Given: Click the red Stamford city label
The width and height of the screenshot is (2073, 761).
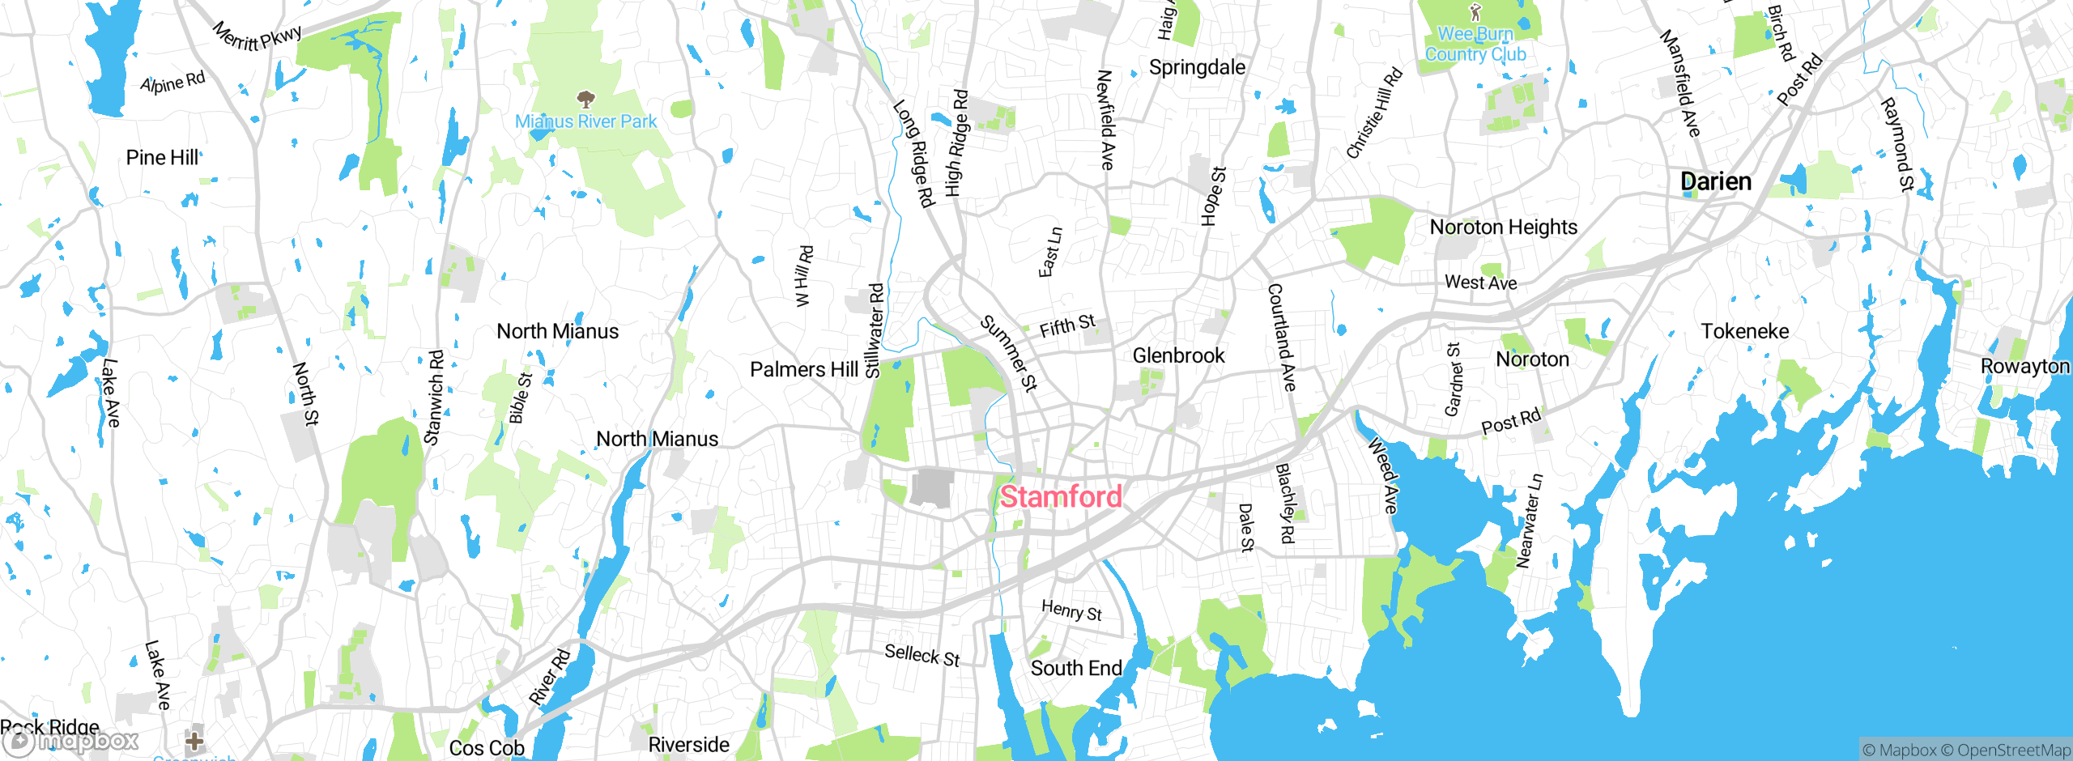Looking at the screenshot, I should [x=1061, y=496].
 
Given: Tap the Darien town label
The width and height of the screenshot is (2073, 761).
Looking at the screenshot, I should [x=1716, y=181].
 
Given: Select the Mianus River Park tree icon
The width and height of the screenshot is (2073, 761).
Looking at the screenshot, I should [x=585, y=100].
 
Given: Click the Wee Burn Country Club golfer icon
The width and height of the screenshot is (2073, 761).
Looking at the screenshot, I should [x=1475, y=12].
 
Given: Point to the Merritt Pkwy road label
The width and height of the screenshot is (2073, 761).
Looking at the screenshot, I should [x=258, y=37].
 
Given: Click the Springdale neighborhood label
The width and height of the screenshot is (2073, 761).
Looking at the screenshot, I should [x=1197, y=67].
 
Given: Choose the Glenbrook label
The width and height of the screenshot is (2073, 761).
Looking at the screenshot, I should [x=1178, y=355].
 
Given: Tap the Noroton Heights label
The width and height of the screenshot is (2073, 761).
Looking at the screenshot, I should [x=1503, y=227].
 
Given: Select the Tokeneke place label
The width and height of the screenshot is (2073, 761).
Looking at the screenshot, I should [x=1744, y=331].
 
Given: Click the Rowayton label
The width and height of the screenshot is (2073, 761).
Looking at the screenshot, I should [x=2024, y=366].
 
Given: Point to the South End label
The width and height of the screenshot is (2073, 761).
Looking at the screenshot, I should [x=1076, y=668].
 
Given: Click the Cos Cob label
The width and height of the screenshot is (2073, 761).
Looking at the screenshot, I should [x=487, y=748].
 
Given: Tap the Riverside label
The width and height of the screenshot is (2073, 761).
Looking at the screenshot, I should [x=688, y=745].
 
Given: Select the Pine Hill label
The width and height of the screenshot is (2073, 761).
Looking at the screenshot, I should [x=162, y=158].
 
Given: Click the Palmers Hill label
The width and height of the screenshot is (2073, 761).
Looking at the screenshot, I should [x=803, y=370].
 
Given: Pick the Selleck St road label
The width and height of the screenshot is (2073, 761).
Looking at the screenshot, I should [x=922, y=655].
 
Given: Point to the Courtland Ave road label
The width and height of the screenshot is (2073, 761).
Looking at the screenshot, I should [x=1281, y=337].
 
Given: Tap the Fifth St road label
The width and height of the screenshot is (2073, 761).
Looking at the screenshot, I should [x=1067, y=326].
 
